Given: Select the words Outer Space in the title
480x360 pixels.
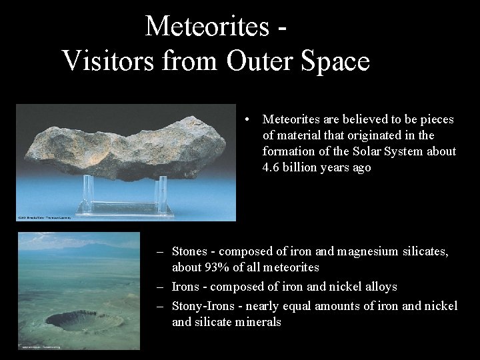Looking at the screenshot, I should (x=298, y=61).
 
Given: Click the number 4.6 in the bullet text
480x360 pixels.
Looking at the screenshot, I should (x=271, y=168).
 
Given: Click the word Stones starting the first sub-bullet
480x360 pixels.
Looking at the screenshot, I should (x=189, y=252).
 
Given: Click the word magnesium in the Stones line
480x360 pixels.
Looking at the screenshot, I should (x=366, y=252).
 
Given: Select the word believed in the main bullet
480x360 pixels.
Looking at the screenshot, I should (x=367, y=119).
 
